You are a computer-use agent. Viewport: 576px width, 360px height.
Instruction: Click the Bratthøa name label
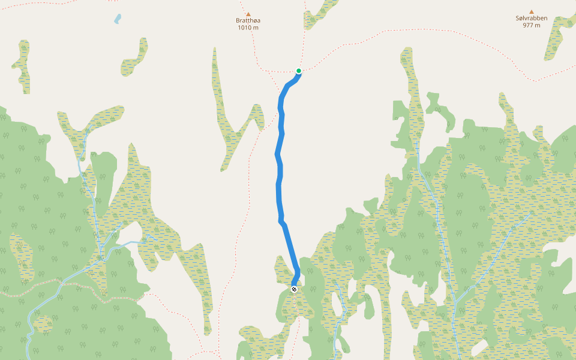pos(248,20)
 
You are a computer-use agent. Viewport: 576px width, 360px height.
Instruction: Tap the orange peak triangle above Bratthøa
pos(248,14)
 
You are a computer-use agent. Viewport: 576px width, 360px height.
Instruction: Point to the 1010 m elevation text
pos(248,28)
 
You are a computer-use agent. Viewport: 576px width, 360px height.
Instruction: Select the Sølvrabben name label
pos(531,18)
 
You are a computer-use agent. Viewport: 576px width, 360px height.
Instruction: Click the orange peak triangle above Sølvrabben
pos(531,11)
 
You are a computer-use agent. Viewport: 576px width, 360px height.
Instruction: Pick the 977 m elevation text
pos(531,25)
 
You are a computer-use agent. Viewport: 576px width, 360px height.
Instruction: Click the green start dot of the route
pos(298,71)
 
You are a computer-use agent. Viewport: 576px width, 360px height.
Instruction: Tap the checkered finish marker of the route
pos(294,289)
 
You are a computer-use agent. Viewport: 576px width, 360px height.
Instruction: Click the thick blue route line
pos(280,180)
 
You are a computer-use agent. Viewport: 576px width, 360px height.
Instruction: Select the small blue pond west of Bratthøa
pos(118,19)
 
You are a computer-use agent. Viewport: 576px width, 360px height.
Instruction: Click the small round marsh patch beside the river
pos(43,325)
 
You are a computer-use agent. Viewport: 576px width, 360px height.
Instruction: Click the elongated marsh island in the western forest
pos(22,258)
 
